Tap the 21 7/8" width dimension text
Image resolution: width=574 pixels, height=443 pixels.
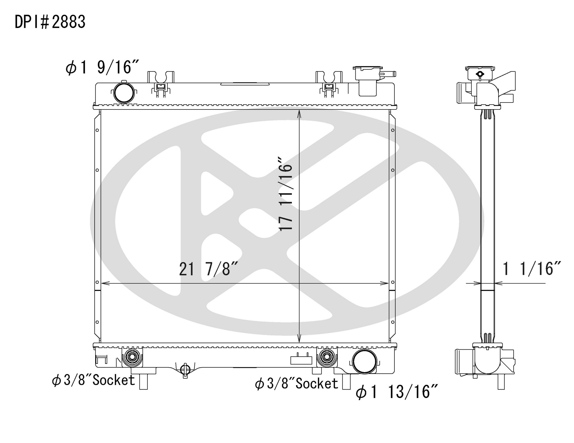[209, 269]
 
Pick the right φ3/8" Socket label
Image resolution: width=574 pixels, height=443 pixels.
[296, 384]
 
